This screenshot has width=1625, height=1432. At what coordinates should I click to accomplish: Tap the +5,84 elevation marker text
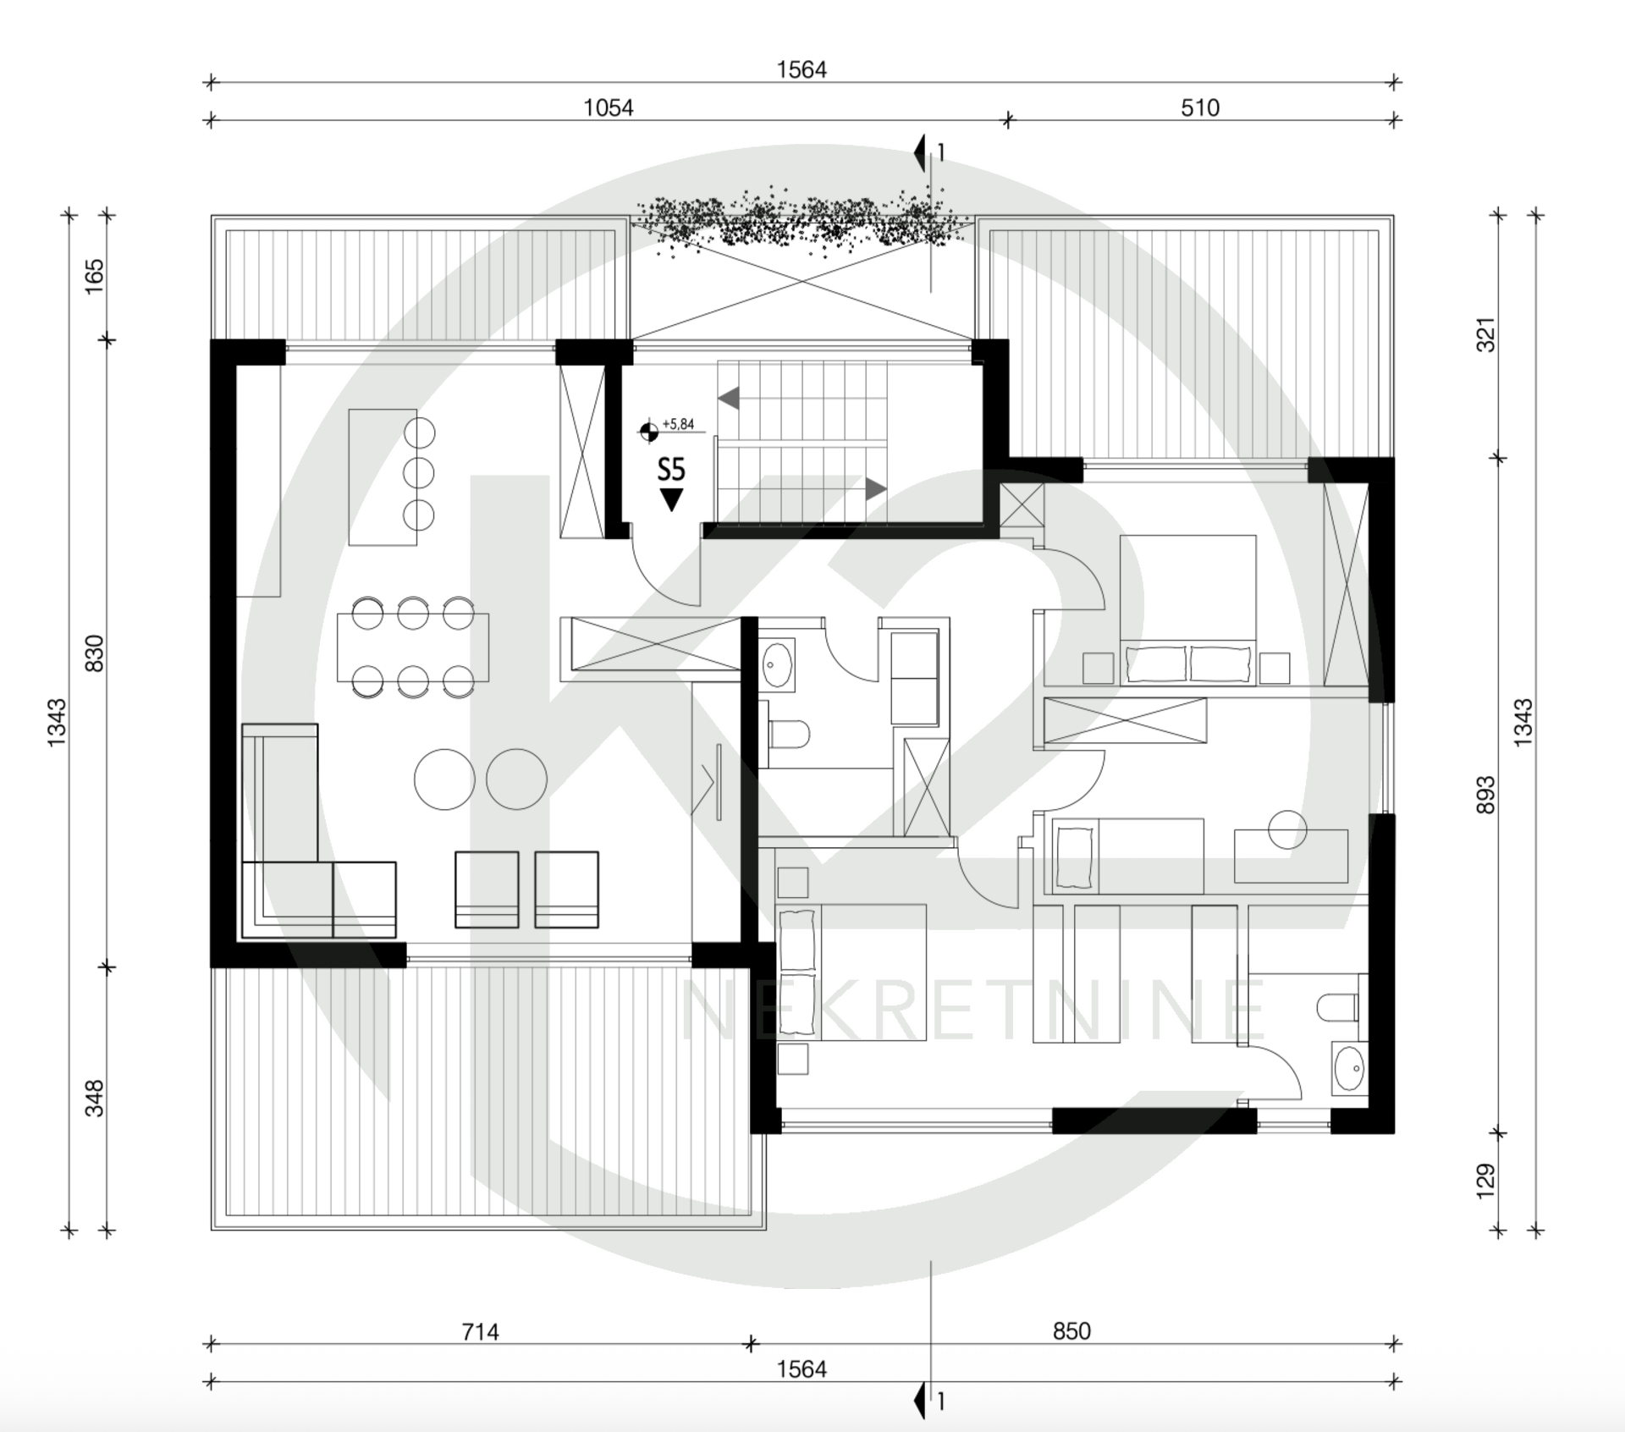pos(678,424)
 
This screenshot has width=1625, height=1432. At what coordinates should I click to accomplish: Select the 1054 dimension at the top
pos(609,107)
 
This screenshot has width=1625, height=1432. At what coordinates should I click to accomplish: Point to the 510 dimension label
pos(1200,107)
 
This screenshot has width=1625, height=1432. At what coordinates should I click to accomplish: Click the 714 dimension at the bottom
pos(480,1332)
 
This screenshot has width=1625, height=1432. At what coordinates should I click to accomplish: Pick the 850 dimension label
pos(1071,1331)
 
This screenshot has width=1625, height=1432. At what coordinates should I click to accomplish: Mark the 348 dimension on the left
pos(94,1099)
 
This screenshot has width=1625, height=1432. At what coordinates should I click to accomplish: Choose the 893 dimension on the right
pos(1485,796)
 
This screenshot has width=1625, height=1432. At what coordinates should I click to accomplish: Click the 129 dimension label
pos(1485,1181)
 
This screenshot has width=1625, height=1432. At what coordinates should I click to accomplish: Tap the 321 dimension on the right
pos(1485,335)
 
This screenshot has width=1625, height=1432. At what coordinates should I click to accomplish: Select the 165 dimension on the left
pos(94,276)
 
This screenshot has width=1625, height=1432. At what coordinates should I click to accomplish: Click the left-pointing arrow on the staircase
pos(728,398)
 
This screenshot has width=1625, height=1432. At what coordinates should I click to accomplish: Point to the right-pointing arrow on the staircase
pos(876,489)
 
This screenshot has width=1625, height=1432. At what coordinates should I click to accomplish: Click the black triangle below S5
pos(671,499)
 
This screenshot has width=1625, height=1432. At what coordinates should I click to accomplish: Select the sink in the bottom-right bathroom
pos(1348,1069)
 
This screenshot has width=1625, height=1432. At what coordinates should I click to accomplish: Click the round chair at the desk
pos(1287,829)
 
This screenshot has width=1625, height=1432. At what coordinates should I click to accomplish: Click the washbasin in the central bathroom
pos(777,664)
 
